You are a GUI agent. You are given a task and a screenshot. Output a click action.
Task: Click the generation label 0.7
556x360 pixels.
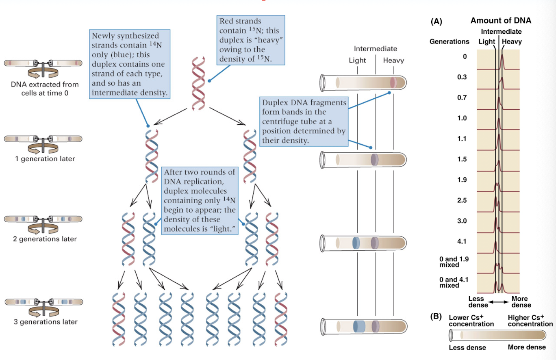pyautogui.click(x=462, y=98)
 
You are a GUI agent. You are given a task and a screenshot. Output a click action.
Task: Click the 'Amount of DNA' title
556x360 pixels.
pyautogui.click(x=501, y=20)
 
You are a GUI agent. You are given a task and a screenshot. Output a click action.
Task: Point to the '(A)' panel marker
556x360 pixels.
pyautogui.click(x=437, y=22)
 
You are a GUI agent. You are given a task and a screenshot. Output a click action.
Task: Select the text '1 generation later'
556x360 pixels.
pyautogui.click(x=44, y=159)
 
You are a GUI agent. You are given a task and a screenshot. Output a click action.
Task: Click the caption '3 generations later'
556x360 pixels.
pyautogui.click(x=44, y=322)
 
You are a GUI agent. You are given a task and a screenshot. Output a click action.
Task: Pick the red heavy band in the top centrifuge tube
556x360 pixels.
pyautogui.click(x=393, y=82)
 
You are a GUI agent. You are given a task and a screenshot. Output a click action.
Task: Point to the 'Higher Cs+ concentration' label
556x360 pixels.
pyautogui.click(x=530, y=321)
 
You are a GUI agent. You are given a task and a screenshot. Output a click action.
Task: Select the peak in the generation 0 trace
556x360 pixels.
pyautogui.click(x=502, y=62)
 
